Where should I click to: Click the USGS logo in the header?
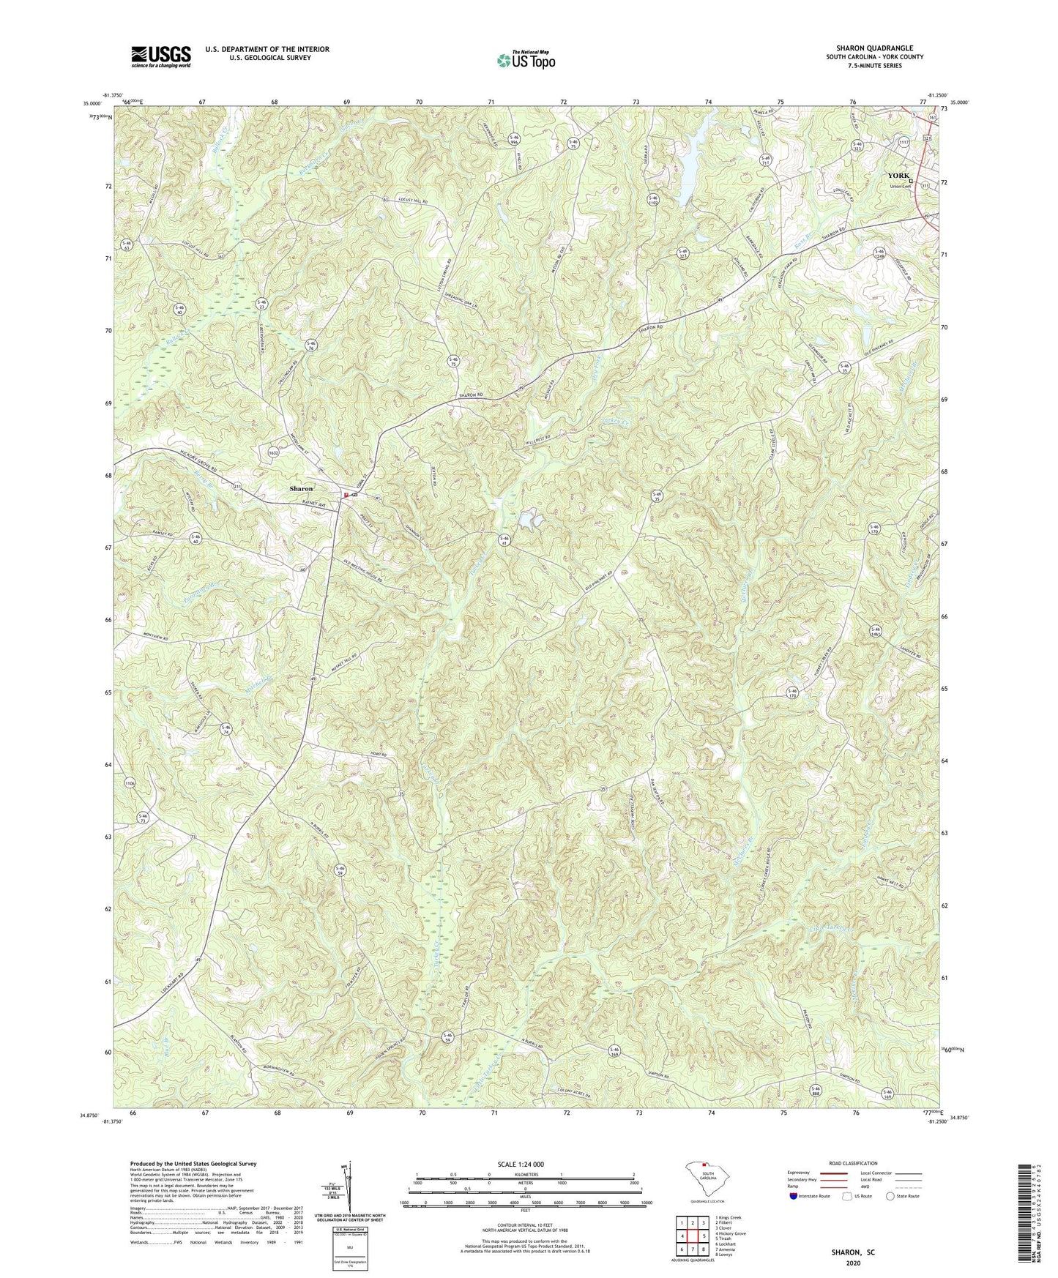160,56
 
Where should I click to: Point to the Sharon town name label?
300,488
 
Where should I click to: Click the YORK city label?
898,176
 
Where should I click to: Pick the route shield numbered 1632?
274,452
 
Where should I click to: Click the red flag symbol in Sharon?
346,496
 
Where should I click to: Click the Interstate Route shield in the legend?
793,1196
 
